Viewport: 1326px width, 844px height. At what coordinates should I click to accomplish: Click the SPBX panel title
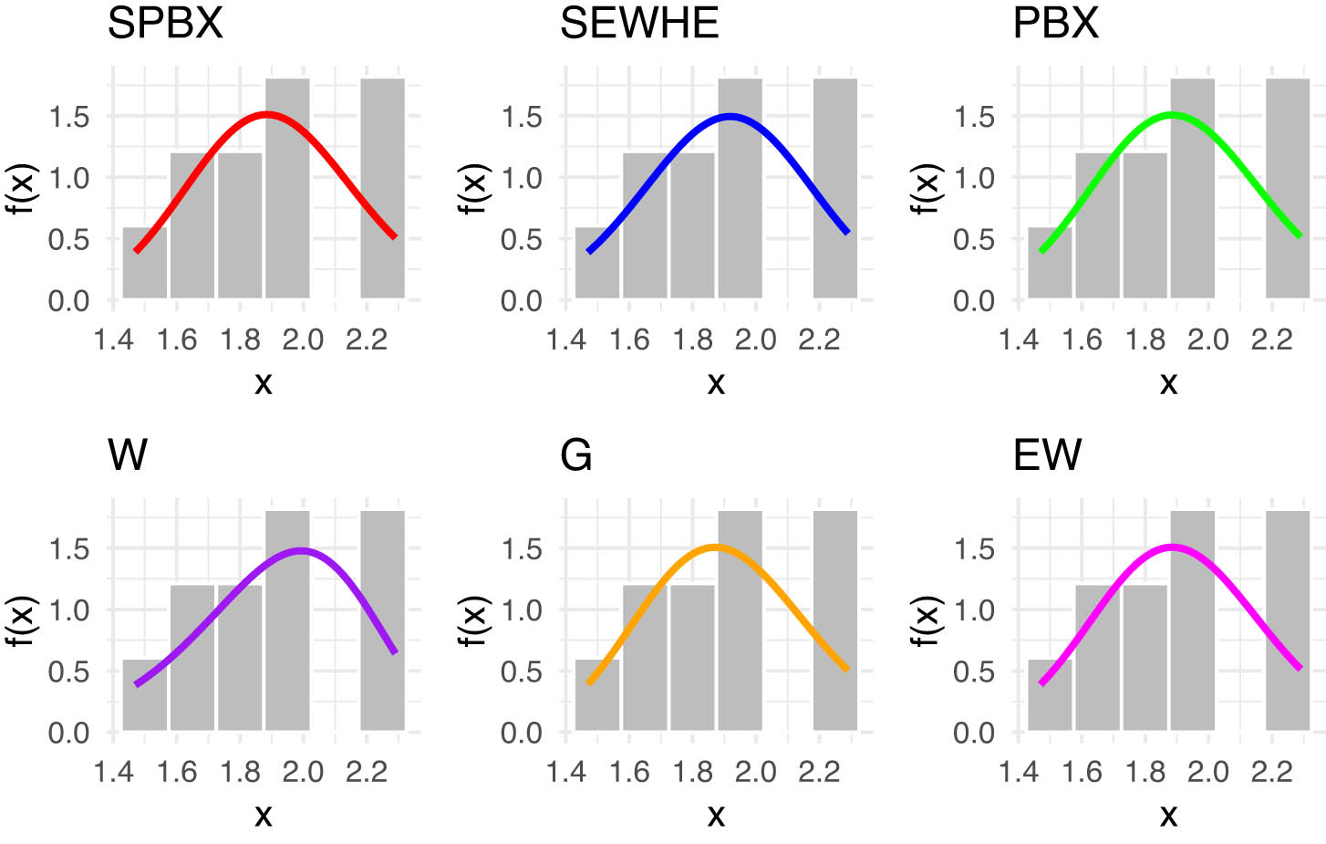(x=165, y=24)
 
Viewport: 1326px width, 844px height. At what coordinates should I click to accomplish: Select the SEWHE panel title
(x=638, y=24)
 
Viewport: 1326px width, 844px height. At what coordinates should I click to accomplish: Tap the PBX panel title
(x=1055, y=24)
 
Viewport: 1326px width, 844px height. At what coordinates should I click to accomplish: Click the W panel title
(x=128, y=454)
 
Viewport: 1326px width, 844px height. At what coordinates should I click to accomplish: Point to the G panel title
(x=575, y=454)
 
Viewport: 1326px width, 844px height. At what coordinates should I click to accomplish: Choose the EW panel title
(x=1047, y=454)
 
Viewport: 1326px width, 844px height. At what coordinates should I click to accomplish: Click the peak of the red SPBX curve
(x=265, y=115)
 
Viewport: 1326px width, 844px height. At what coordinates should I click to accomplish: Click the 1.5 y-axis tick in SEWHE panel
(x=521, y=117)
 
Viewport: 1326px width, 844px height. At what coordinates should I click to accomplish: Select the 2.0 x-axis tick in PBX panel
(x=1207, y=340)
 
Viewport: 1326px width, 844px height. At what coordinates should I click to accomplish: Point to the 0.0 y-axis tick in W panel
(x=68, y=733)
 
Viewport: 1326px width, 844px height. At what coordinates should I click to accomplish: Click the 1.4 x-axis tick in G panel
(x=565, y=772)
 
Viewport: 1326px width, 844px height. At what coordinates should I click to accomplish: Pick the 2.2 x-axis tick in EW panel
(x=1271, y=772)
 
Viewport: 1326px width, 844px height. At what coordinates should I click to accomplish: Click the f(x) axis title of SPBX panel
(x=20, y=189)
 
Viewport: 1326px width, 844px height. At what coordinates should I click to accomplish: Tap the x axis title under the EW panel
(x=1168, y=815)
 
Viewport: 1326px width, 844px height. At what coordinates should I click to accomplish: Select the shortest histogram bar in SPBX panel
(x=145, y=263)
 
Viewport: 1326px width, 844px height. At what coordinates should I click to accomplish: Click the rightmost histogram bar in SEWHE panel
(x=834, y=188)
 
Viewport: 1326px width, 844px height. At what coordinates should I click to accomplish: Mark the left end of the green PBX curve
(x=1041, y=251)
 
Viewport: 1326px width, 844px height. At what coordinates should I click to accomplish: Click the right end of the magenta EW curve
(x=1300, y=669)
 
